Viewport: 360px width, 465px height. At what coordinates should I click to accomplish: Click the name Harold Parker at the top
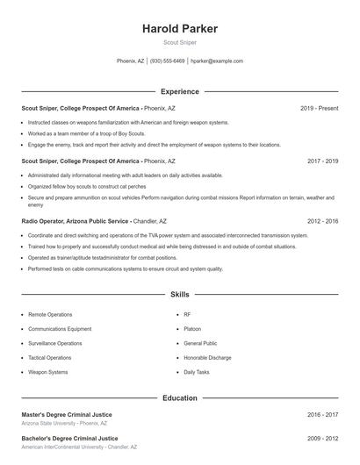coord(180,29)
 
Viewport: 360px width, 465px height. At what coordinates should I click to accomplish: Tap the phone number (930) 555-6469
coord(167,61)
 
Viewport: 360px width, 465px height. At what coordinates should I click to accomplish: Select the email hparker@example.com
coord(217,61)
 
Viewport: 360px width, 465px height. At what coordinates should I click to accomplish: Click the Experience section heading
coord(180,91)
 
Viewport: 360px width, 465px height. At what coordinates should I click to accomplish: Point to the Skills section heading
coord(180,295)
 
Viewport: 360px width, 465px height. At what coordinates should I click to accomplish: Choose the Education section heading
coord(180,397)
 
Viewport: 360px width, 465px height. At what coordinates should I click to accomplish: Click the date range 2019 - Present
coord(319,108)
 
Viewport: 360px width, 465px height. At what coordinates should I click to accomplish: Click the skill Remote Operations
coord(50,313)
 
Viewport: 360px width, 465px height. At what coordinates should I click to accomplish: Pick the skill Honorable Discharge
coord(207,358)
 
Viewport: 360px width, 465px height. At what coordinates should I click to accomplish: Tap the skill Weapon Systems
coord(47,372)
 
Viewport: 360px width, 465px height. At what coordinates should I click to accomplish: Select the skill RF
coord(187,313)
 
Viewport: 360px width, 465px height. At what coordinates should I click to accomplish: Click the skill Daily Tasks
coord(197,372)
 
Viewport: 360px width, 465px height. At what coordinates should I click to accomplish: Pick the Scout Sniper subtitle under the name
coord(180,42)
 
